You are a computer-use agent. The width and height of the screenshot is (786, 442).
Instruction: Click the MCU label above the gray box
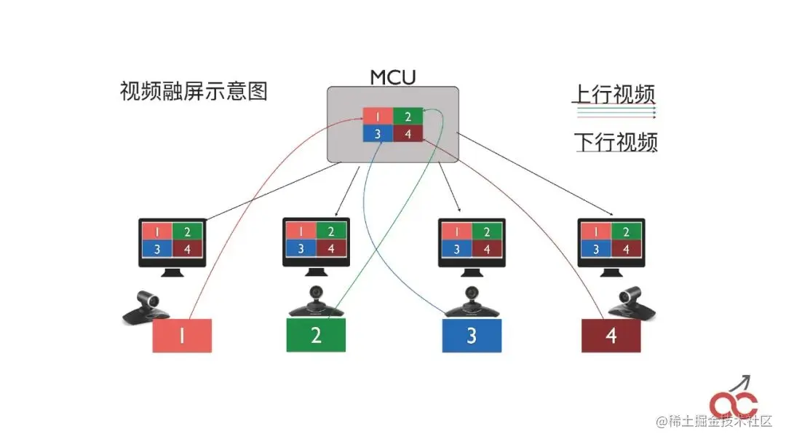click(393, 76)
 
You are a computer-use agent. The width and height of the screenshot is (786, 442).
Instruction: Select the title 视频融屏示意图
click(194, 92)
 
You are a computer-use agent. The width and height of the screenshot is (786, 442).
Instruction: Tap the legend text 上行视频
click(614, 95)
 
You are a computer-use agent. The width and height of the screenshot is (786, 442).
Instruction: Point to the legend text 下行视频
click(615, 141)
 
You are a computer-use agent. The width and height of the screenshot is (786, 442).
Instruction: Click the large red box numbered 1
click(182, 336)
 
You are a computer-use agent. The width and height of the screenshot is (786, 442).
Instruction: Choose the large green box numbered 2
click(316, 335)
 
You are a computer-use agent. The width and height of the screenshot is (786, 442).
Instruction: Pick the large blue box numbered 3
click(472, 336)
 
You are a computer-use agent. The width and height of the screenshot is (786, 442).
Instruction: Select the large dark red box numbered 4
click(611, 336)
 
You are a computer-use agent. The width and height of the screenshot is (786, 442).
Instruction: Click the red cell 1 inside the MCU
click(378, 117)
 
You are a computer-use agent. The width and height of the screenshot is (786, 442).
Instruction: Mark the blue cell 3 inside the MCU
click(378, 133)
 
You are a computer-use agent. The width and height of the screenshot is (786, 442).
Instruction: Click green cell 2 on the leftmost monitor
click(187, 232)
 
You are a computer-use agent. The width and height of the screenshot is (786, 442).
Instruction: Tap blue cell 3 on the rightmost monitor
click(596, 249)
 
